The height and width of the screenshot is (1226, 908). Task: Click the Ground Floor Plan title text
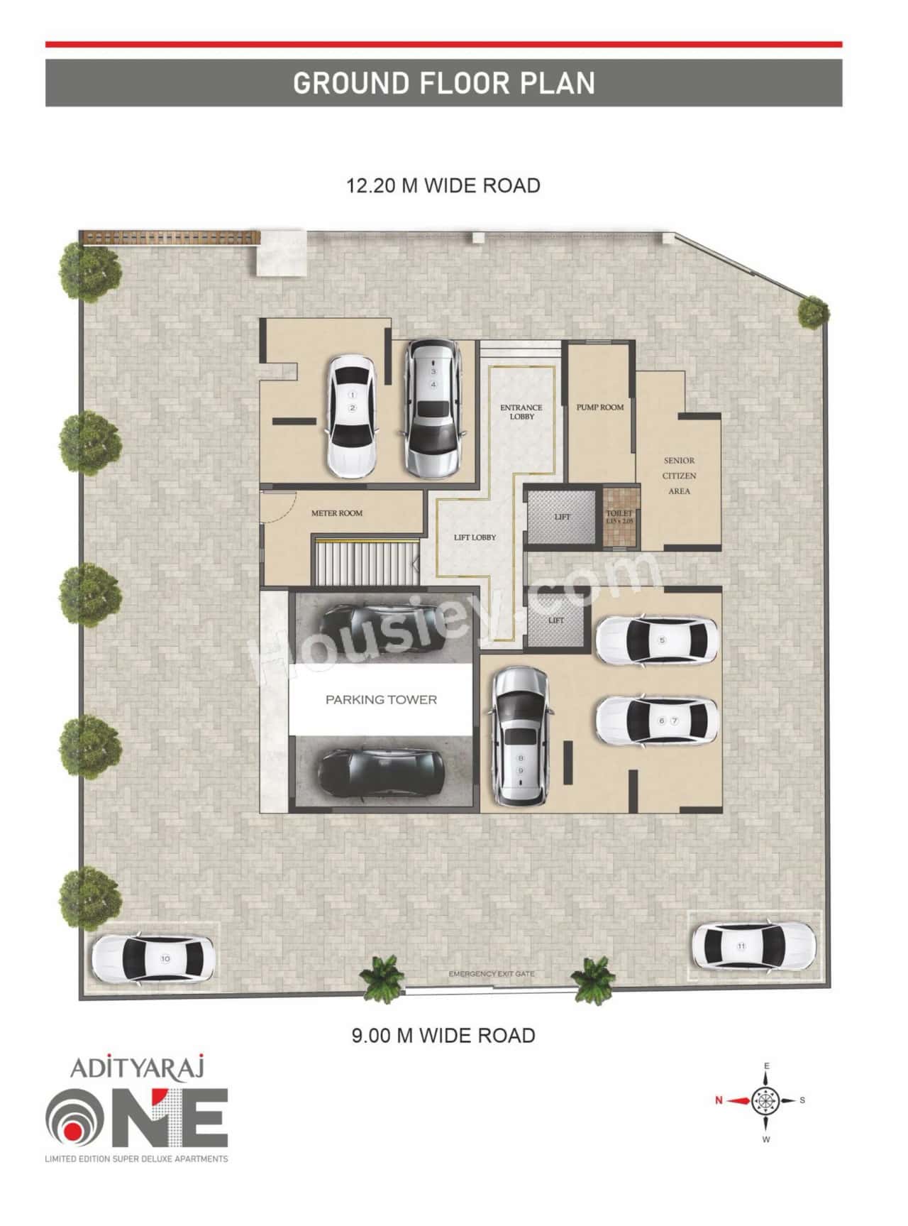coord(443,83)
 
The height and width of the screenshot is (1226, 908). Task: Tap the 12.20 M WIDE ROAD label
coord(443,186)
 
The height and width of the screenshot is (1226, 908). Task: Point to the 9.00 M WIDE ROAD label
coord(443,1035)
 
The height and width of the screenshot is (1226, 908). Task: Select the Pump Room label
coord(599,407)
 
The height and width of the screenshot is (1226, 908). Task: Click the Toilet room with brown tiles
coord(619,518)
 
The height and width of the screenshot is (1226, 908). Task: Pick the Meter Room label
coord(337,513)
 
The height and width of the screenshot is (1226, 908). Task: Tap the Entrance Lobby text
coord(521,412)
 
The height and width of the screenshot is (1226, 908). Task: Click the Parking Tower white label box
coord(381,700)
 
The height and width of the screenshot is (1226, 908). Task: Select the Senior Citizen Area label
coord(679,476)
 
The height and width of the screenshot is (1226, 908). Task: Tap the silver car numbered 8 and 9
coord(521,738)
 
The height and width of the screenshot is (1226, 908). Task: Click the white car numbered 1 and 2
coord(352,415)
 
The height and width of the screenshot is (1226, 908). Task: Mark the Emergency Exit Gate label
coord(491,974)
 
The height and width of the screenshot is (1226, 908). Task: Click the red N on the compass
coord(719,1100)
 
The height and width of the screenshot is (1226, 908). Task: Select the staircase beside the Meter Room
coord(365,562)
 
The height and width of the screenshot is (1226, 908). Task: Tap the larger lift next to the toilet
coord(562,517)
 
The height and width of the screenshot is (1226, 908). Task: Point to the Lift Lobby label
coord(475,537)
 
